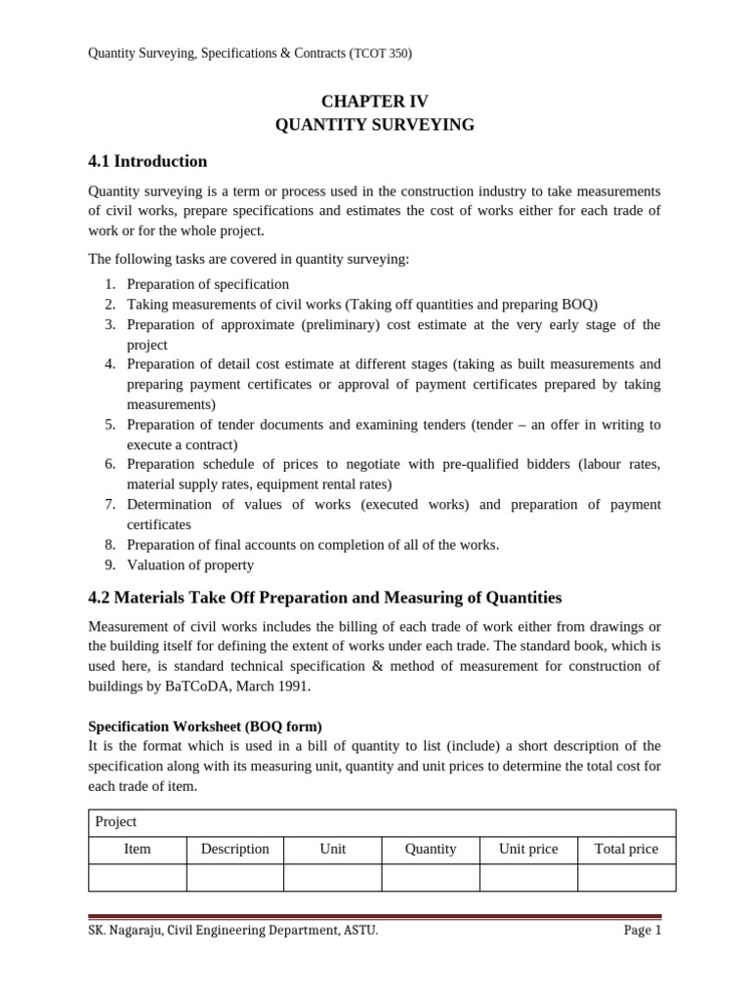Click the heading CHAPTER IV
(x=375, y=102)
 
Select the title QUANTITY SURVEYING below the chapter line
(x=375, y=125)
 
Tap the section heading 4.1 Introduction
(x=147, y=161)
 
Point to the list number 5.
(x=110, y=425)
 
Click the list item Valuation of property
(x=190, y=564)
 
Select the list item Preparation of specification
(x=208, y=284)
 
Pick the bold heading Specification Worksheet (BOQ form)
(x=205, y=727)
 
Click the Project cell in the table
(x=116, y=821)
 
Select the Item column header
(x=138, y=849)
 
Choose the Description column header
(x=235, y=849)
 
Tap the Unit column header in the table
(x=333, y=849)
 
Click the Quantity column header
(x=431, y=849)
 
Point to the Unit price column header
(x=528, y=849)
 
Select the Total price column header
(x=626, y=849)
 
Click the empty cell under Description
(x=235, y=877)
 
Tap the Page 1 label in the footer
(x=643, y=931)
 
